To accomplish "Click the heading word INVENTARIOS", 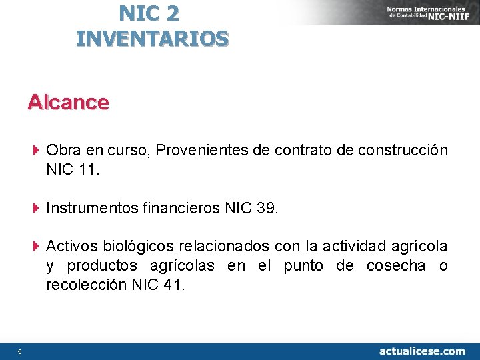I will (152, 39).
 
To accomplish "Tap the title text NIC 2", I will (149, 13).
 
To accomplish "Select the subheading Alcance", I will (68, 103).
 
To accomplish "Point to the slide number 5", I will (20, 351).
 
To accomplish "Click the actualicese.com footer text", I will (422, 351).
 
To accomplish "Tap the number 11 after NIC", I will (87, 170).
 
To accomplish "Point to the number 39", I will (265, 209).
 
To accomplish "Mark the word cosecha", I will (395, 266).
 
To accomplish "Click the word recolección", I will (83, 285).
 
